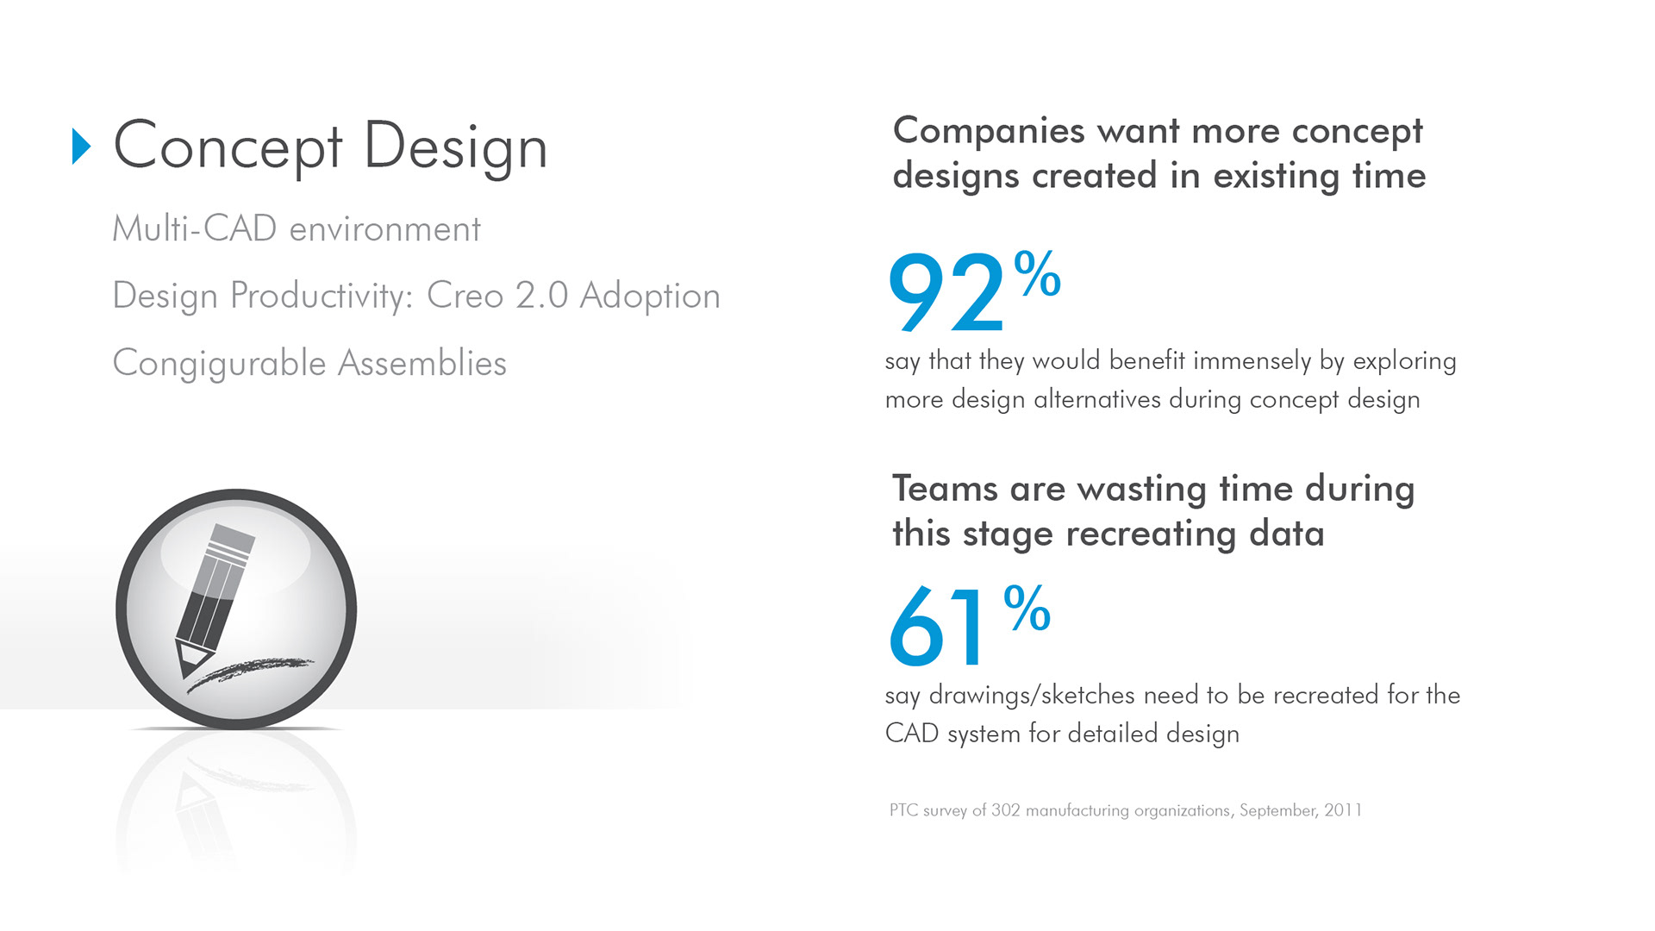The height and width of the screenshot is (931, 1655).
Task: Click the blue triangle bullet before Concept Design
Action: click(81, 147)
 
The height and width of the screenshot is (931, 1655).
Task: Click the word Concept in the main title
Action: click(228, 147)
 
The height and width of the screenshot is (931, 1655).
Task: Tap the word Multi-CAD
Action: click(195, 228)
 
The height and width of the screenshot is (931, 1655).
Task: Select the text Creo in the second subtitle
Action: click(465, 296)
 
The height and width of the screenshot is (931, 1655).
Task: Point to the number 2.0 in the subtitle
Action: click(542, 296)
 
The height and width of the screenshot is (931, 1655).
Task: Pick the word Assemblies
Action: click(422, 363)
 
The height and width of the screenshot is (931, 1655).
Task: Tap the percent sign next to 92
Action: click(1037, 273)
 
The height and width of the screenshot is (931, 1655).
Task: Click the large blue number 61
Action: click(936, 627)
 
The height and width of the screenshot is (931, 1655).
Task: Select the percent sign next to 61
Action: click(1027, 608)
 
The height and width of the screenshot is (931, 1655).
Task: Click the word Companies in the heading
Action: click(989, 131)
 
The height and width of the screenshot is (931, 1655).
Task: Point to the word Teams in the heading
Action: click(945, 489)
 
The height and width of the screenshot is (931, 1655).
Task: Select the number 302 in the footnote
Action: click(1005, 810)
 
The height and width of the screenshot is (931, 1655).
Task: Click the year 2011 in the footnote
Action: click(1343, 810)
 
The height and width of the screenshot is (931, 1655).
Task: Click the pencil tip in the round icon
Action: click(185, 665)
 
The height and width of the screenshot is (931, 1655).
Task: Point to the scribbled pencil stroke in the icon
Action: click(250, 674)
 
